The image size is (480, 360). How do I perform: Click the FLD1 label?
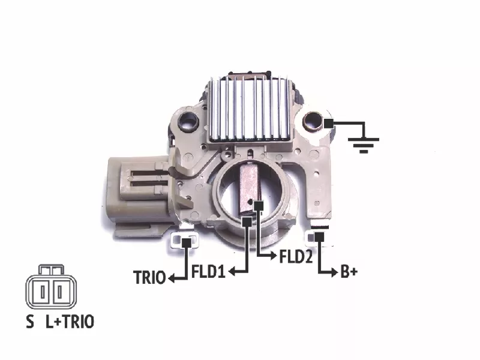click(x=208, y=271)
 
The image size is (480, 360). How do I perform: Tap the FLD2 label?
click(x=296, y=256)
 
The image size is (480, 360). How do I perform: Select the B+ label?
click(x=349, y=272)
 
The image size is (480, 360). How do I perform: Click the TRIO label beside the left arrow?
click(x=149, y=277)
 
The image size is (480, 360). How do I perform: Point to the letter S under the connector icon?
click(x=30, y=322)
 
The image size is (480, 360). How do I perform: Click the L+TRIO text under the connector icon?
click(x=70, y=322)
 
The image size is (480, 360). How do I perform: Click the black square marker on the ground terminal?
click(x=328, y=124)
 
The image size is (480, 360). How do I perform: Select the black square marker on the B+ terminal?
click(x=319, y=236)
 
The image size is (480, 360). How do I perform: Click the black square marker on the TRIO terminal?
click(x=187, y=243)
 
